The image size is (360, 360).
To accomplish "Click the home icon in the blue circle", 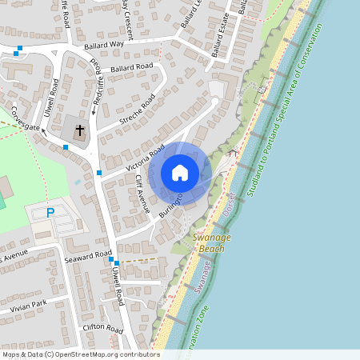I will (180, 172).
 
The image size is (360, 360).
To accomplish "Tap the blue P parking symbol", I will (50, 213).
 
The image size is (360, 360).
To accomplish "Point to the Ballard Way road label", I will (106, 45).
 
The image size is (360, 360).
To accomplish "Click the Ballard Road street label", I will (132, 67).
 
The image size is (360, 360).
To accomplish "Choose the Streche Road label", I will (137, 110).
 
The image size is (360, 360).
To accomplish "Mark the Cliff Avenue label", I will (142, 193).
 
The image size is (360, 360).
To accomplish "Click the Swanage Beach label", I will (208, 243).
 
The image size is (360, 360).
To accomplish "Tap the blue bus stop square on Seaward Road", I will (116, 263).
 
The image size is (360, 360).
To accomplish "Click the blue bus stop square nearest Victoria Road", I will (99, 173).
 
